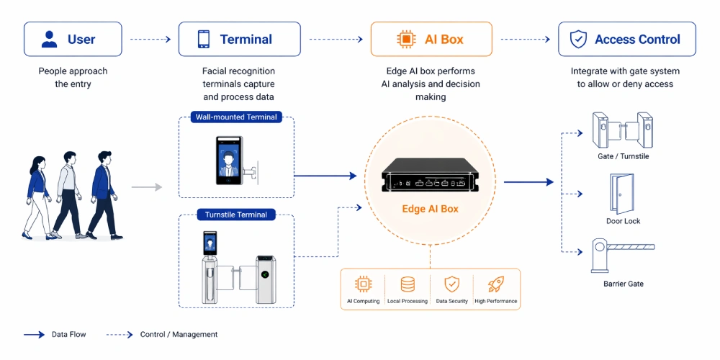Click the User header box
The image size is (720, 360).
(x=71, y=39)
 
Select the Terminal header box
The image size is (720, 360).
(x=239, y=39)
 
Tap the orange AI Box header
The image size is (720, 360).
(x=431, y=39)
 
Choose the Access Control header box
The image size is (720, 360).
(x=627, y=39)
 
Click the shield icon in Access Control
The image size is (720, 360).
(x=578, y=40)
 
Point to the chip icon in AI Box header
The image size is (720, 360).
(x=405, y=40)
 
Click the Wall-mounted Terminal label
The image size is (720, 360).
(x=235, y=117)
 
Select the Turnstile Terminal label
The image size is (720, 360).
(x=235, y=215)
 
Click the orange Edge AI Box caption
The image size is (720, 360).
(x=431, y=210)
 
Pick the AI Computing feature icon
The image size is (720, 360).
(x=364, y=284)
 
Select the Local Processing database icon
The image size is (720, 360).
(x=408, y=284)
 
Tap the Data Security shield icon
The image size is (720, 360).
(x=451, y=284)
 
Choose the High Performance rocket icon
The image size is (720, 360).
(x=495, y=284)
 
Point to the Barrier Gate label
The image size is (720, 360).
(x=623, y=284)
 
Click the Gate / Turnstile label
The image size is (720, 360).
(x=623, y=156)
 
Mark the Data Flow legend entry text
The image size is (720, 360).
(x=69, y=334)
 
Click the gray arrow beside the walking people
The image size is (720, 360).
(x=146, y=187)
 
